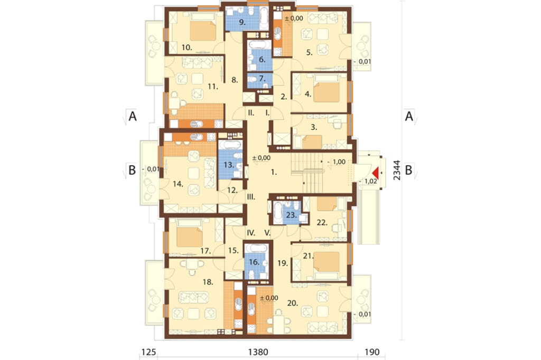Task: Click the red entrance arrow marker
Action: coord(376,172)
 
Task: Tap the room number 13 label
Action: coord(229,165)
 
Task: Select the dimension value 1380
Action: coord(258,352)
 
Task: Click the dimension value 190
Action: coord(372,352)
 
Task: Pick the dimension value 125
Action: coord(148,352)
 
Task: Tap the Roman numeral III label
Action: coord(251,197)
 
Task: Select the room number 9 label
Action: coord(242,22)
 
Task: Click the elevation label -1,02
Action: coord(368,182)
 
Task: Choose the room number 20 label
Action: coord(292,303)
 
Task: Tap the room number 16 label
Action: coord(254,262)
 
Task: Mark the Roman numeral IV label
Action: coord(251,233)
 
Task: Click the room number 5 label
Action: coord(310,52)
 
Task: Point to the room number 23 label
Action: coord(292,215)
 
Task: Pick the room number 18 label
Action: coord(207,282)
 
